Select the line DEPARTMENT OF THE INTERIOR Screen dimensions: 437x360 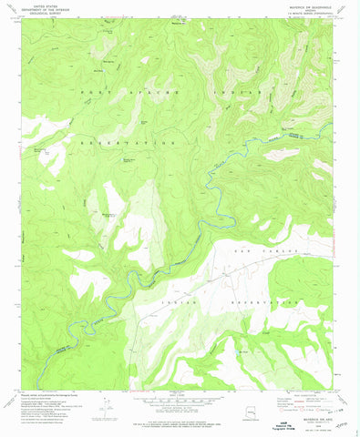tap(37, 11)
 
